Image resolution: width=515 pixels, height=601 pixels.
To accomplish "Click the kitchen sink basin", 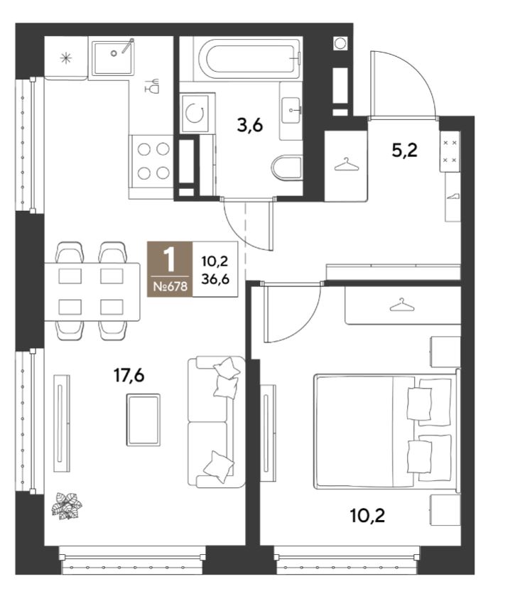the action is (114, 58).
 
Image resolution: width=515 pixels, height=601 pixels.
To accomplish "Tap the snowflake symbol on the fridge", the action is (66, 58).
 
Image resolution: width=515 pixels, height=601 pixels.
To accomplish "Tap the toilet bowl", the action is (286, 168).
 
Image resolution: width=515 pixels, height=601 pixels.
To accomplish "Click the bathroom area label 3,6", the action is (250, 125).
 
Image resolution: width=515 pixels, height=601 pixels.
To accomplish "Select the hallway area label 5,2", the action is (404, 151).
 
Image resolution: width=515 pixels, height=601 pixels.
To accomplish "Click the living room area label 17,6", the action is (129, 376).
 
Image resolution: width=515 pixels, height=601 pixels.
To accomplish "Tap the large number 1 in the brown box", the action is (169, 259).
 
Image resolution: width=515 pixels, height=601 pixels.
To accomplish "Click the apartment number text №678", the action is (170, 286).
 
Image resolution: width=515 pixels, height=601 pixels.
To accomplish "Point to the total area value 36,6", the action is (215, 279).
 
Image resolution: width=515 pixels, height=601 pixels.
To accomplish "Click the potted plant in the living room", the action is (67, 506).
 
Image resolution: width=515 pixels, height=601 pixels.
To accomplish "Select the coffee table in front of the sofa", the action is (143, 419).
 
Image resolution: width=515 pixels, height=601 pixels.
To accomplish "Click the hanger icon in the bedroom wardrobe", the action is (402, 305).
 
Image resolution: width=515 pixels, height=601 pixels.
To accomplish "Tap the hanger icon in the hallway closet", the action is (347, 164).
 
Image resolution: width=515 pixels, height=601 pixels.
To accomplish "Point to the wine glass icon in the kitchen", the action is (153, 85).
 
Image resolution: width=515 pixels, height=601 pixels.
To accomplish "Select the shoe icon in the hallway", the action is (453, 196).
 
